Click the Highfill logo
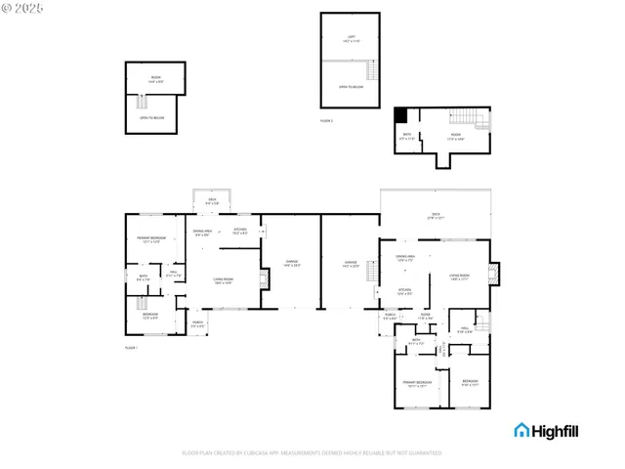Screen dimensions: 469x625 551,430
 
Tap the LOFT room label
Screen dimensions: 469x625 350,39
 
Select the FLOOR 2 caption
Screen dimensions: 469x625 326,120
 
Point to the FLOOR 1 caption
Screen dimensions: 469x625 131,348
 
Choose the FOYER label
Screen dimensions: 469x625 425,316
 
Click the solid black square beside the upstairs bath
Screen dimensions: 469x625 399,114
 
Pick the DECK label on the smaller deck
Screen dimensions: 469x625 211,200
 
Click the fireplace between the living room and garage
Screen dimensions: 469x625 262,279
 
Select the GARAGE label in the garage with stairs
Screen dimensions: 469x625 351,262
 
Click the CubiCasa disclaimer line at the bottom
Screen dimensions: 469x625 312,452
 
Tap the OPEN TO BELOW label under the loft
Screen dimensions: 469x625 350,87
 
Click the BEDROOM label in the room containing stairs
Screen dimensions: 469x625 150,316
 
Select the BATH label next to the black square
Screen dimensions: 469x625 407,136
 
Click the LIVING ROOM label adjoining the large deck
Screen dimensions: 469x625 459,277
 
